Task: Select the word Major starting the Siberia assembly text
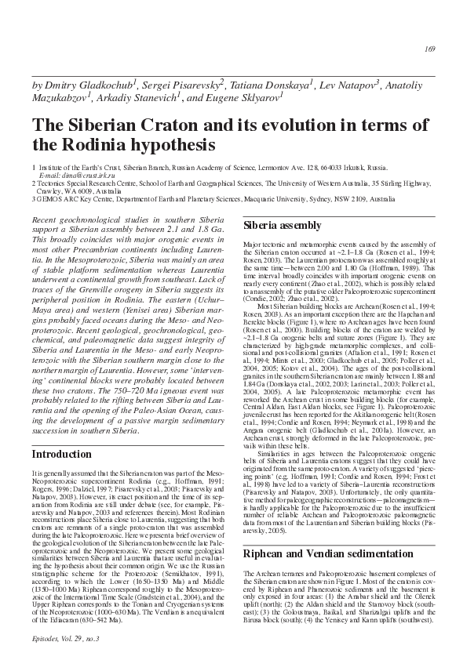click(254, 245)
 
